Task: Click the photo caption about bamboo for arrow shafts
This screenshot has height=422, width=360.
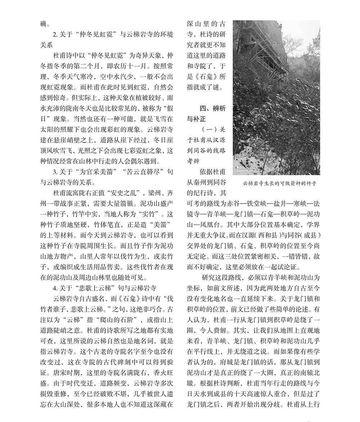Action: [279, 183]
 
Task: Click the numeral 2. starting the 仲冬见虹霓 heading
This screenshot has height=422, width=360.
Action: [55, 35]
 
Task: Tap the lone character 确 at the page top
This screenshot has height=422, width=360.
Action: [44, 24]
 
